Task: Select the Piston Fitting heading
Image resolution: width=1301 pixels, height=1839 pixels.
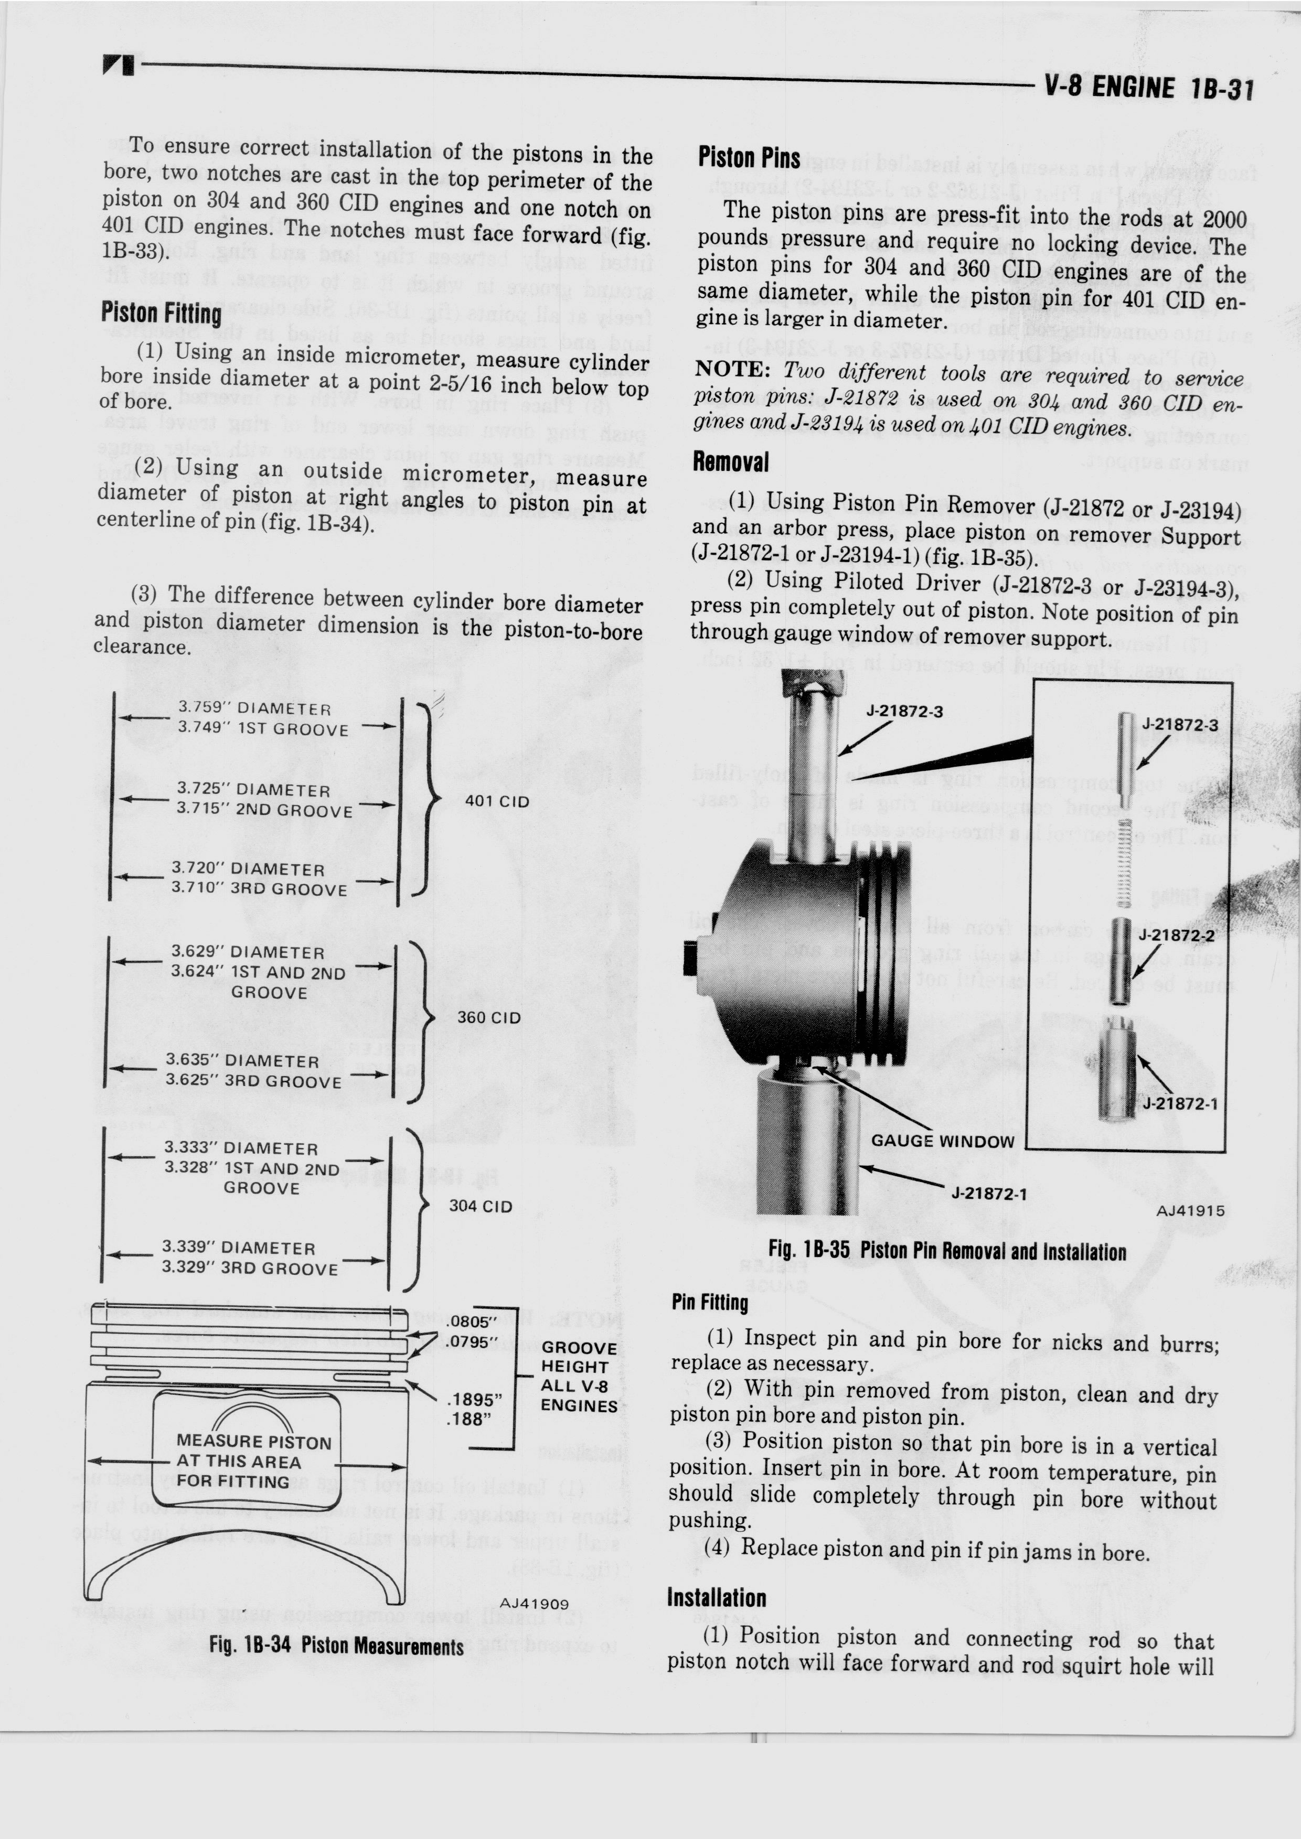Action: pos(161,313)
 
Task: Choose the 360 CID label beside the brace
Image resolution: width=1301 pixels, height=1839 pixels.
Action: pos(489,1017)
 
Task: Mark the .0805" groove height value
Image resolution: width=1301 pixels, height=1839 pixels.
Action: pos(474,1321)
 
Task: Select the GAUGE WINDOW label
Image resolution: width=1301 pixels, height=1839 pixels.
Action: pos(942,1142)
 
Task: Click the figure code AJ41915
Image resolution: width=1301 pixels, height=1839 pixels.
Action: pos(1190,1211)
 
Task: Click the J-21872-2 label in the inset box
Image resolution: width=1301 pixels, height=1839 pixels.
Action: pos(1176,935)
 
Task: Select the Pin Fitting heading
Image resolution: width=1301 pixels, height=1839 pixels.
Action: pos(710,1303)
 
